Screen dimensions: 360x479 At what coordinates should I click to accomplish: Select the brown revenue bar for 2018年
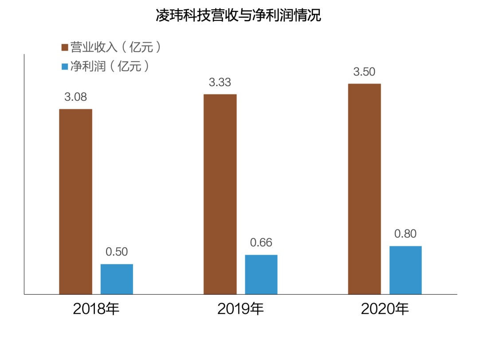click(x=75, y=202)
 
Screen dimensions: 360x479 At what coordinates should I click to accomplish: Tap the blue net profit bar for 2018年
click(x=117, y=279)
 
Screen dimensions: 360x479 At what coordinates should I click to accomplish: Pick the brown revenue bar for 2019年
click(x=220, y=194)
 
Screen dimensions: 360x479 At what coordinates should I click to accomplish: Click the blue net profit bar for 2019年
click(x=261, y=274)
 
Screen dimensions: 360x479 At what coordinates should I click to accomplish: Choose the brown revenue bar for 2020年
click(x=364, y=189)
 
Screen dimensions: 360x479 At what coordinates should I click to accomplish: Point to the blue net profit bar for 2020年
click(x=405, y=270)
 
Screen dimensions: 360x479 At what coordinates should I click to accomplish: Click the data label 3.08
click(x=75, y=97)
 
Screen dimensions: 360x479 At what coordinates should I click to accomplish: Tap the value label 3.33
click(x=220, y=83)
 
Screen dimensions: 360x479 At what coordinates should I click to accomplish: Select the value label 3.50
click(x=364, y=72)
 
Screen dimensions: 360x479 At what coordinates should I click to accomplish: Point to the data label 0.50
click(x=117, y=252)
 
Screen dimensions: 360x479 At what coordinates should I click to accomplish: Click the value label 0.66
click(x=261, y=243)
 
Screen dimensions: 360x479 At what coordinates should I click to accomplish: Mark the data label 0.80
click(x=405, y=234)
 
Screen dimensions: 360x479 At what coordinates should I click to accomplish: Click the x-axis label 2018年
click(x=96, y=309)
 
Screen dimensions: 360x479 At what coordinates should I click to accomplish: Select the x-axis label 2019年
click(x=240, y=309)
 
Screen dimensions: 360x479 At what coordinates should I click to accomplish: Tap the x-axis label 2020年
click(x=385, y=309)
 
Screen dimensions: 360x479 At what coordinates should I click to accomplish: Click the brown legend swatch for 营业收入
click(x=64, y=47)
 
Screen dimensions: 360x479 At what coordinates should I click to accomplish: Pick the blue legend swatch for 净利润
click(x=64, y=67)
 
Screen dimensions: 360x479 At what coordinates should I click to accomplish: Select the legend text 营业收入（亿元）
click(x=115, y=47)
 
